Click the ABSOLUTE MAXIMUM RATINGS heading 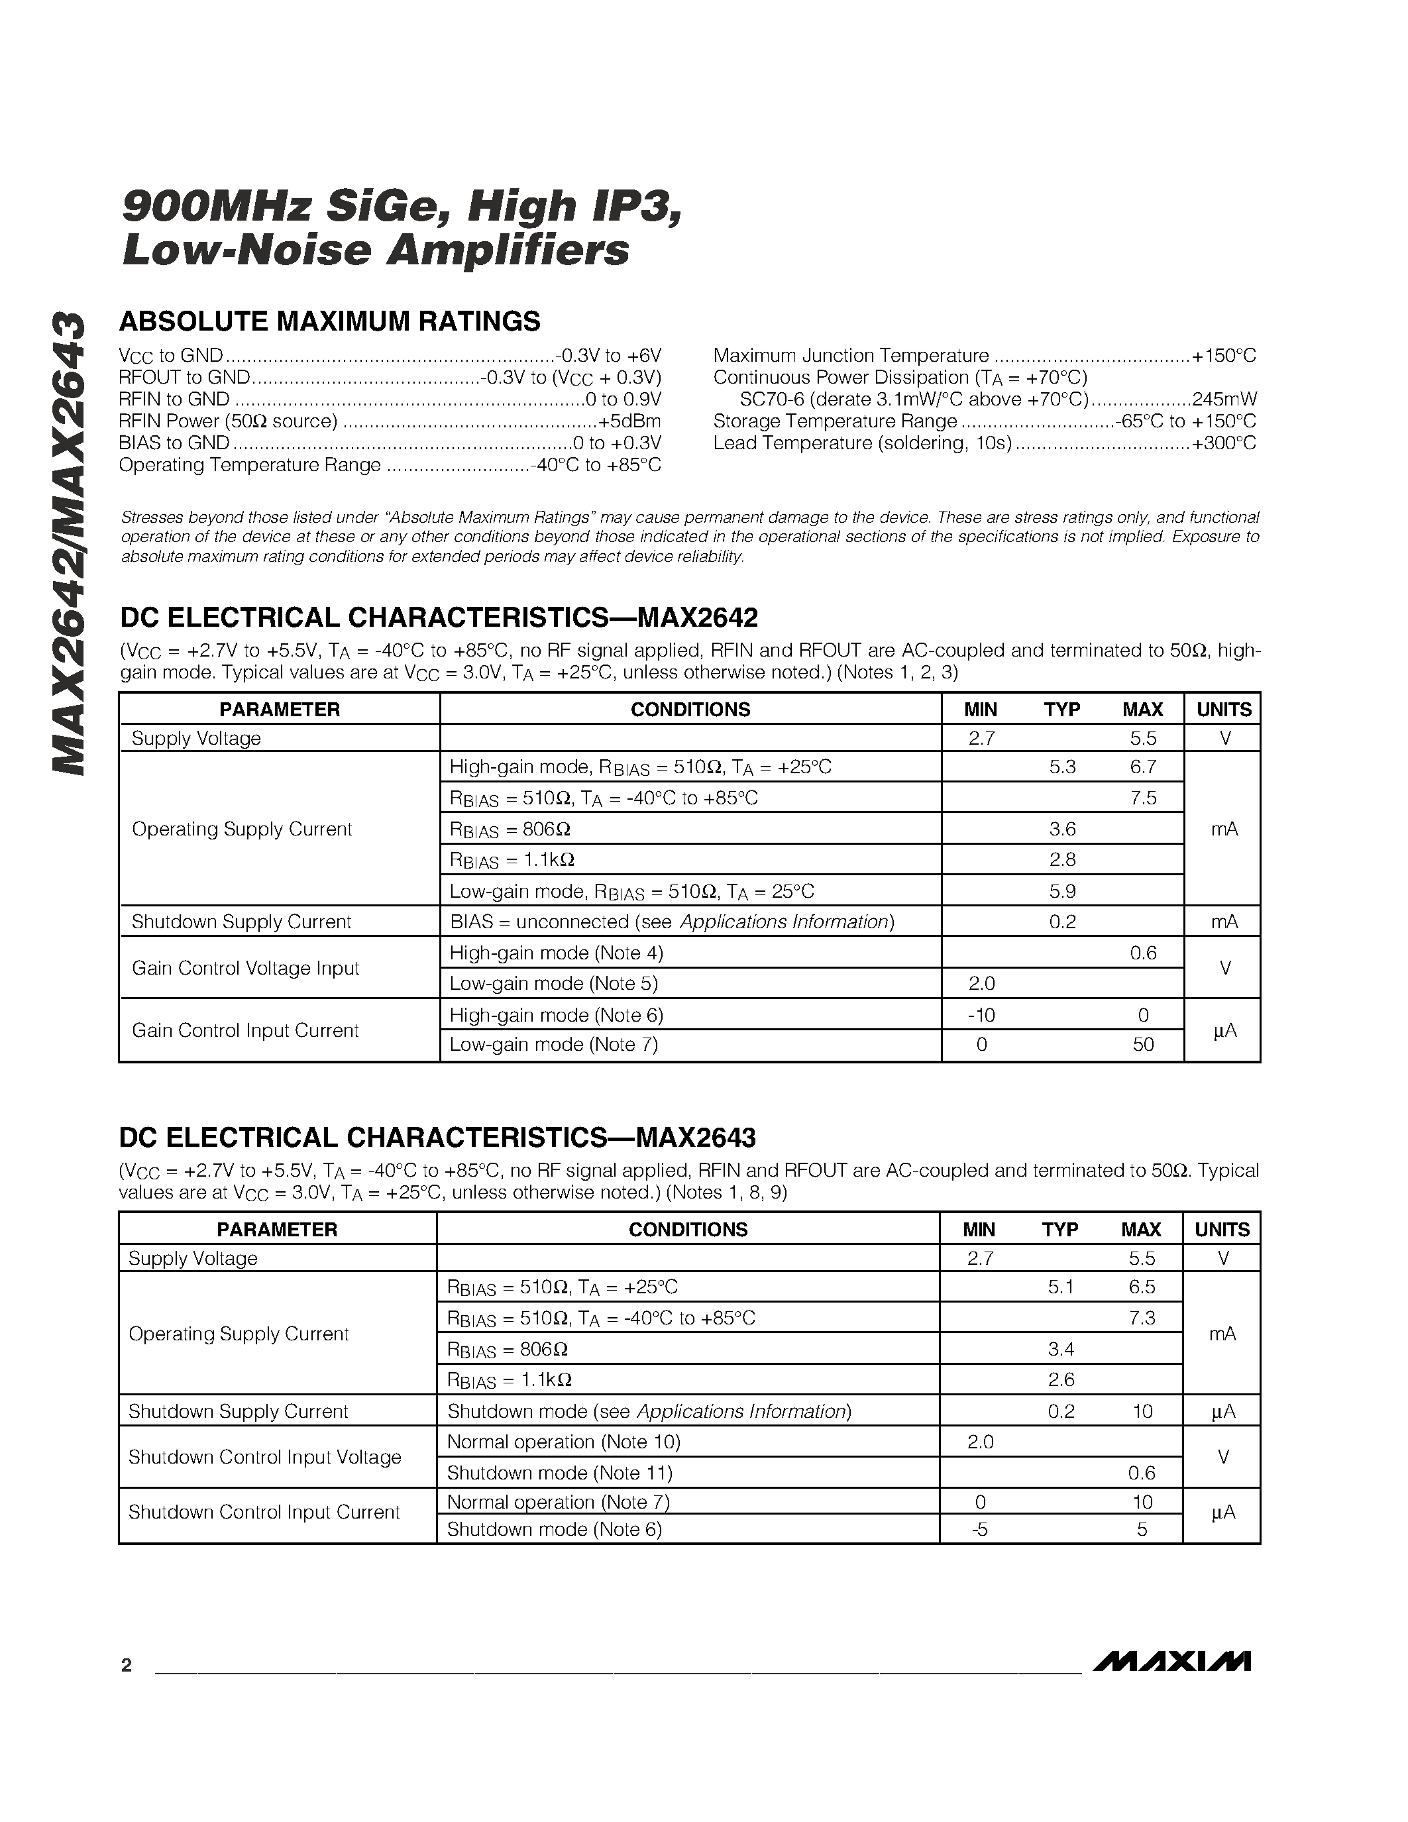click(329, 321)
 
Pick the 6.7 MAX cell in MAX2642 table click(1143, 766)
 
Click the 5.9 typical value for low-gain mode click(1062, 891)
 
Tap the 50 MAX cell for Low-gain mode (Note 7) click(1143, 1044)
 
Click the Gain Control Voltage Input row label click(245, 968)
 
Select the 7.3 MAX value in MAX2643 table click(1141, 1317)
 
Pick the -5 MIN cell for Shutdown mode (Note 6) click(980, 1529)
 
